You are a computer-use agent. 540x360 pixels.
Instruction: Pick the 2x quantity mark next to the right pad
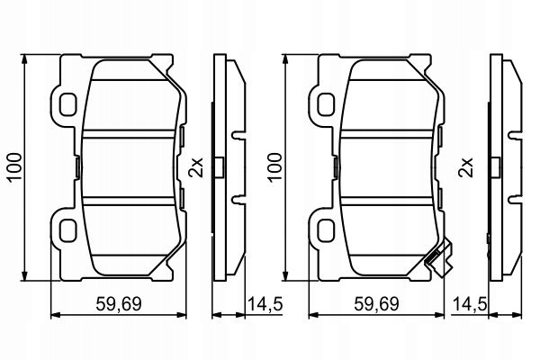point(465,166)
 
